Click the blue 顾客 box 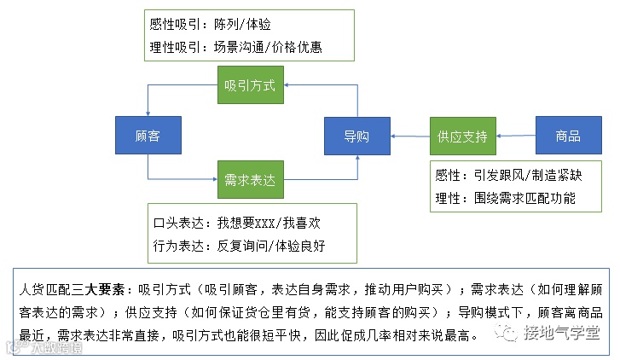tap(148, 136)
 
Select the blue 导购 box tap(356, 136)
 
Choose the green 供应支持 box tap(462, 136)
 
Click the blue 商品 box tap(567, 136)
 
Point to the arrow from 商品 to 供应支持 tap(515, 136)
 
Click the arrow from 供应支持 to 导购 tap(409, 136)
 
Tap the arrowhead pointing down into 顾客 tap(148, 113)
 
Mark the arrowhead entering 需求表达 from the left tap(212, 180)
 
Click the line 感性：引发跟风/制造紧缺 tap(508, 177)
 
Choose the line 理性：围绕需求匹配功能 tap(505, 199)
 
